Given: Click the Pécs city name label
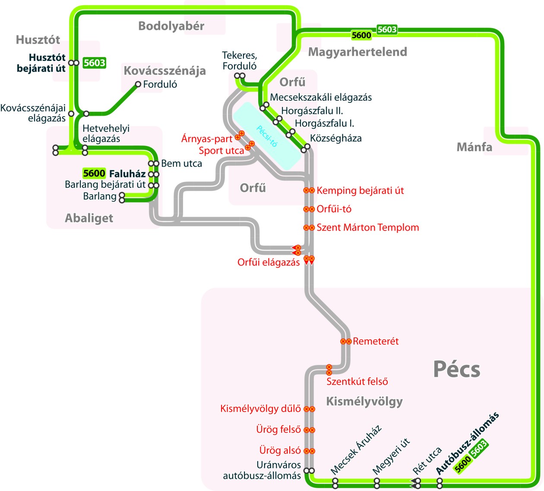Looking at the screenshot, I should click(x=456, y=369).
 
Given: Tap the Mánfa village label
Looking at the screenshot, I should click(x=474, y=147).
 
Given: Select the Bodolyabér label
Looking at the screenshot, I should click(x=171, y=26).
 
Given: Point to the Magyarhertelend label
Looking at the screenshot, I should click(x=357, y=52).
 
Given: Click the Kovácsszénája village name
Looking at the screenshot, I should click(x=164, y=71).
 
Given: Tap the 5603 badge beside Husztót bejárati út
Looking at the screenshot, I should click(x=94, y=63).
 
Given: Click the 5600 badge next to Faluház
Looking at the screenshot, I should click(x=94, y=174).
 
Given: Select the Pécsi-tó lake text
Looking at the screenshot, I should click(x=266, y=136).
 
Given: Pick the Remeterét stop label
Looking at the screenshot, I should click(x=376, y=341).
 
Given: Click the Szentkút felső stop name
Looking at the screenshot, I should click(x=357, y=381).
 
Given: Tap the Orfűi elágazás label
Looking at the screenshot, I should click(x=269, y=262).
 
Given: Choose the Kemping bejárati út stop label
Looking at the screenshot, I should click(x=360, y=190).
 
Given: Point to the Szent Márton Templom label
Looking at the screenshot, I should click(x=367, y=228).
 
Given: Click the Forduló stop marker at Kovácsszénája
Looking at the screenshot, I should click(x=138, y=84).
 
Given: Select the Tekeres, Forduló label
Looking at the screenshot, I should click(x=239, y=60).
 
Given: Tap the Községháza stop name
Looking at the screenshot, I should click(x=336, y=139).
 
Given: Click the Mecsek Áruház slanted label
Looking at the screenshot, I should click(x=356, y=450).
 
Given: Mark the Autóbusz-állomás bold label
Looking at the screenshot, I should click(x=467, y=443).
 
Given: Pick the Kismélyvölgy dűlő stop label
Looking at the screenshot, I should click(x=260, y=409).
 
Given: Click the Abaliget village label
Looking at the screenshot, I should click(x=89, y=218).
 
